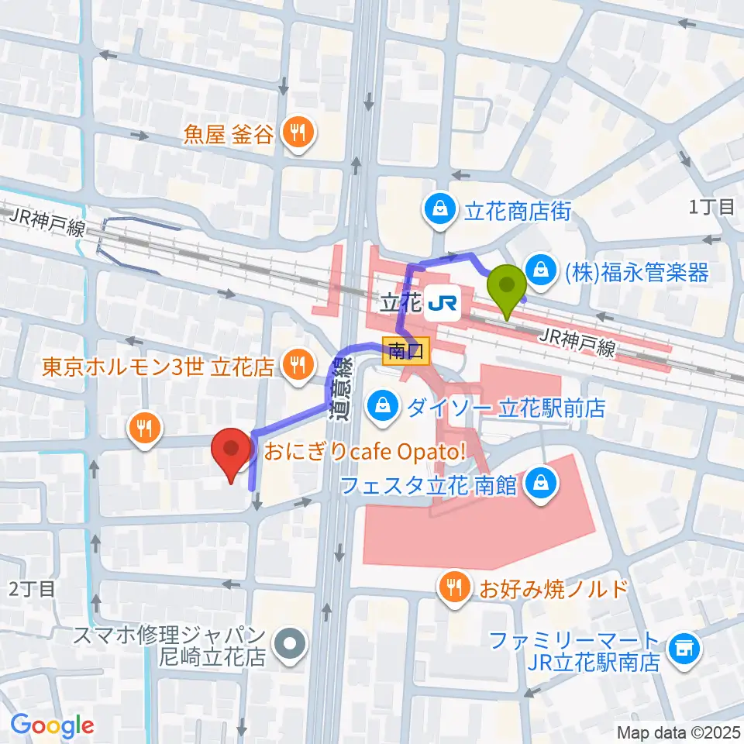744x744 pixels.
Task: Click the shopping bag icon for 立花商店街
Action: tap(439, 209)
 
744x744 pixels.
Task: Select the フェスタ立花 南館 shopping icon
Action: tap(538, 484)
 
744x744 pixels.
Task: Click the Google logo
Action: tap(53, 725)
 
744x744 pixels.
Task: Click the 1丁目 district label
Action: tap(711, 206)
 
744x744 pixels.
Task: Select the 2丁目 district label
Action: tap(32, 589)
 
